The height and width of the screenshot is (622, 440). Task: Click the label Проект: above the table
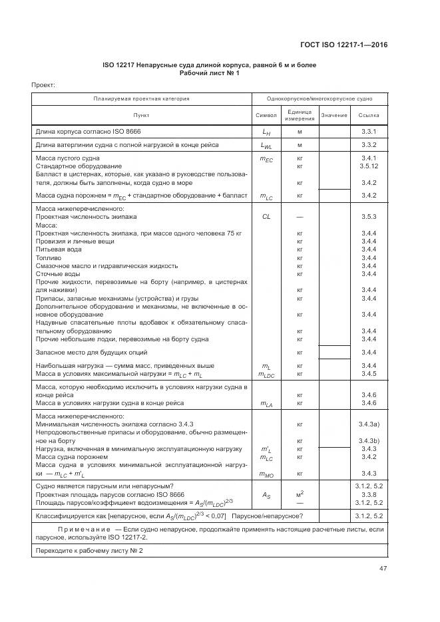pyautogui.click(x=43, y=85)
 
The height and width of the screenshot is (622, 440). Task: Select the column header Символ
pyautogui.click(x=266, y=115)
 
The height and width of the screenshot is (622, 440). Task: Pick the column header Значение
pyautogui.click(x=334, y=115)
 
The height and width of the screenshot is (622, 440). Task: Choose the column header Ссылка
pyautogui.click(x=369, y=115)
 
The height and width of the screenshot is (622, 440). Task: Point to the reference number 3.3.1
pyautogui.click(x=369, y=132)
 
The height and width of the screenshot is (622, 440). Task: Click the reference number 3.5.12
pyautogui.click(x=369, y=166)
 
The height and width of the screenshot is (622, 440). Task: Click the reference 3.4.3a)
pyautogui.click(x=369, y=424)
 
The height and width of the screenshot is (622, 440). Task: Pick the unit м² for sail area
pyautogui.click(x=300, y=495)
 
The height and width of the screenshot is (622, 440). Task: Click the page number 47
pyautogui.click(x=383, y=568)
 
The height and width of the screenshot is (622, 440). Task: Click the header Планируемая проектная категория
pyautogui.click(x=141, y=98)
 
